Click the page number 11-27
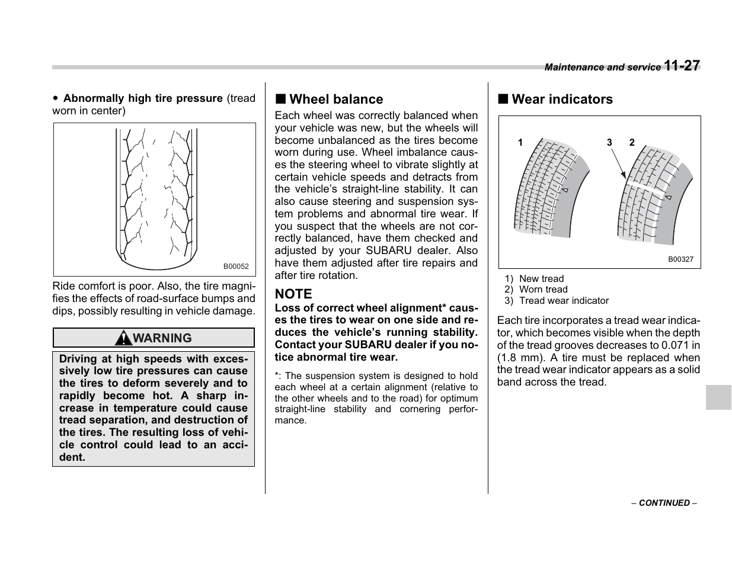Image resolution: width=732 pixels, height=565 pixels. click(x=682, y=66)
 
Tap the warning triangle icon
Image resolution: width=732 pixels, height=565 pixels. click(x=124, y=338)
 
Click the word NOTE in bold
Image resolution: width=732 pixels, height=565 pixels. click(x=293, y=294)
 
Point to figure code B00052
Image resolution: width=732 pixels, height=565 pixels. click(x=236, y=267)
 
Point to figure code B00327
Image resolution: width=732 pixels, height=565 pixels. click(x=680, y=259)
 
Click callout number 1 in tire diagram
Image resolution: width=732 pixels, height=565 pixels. click(x=520, y=143)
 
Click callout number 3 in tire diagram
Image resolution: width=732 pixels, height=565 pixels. click(x=609, y=143)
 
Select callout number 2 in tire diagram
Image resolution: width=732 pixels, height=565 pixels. click(x=632, y=143)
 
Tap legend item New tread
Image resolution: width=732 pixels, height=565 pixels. click(x=541, y=279)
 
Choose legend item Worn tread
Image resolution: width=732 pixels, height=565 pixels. click(x=543, y=290)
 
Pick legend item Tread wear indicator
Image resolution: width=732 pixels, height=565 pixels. click(x=564, y=301)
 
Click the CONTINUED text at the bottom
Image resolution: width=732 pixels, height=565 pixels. click(x=664, y=503)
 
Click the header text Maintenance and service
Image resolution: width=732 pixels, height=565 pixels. click(x=602, y=68)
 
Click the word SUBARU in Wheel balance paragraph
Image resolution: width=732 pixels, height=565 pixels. click(x=386, y=251)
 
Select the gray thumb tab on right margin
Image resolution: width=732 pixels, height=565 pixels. click(x=718, y=397)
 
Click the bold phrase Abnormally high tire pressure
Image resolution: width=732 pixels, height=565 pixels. click(x=143, y=98)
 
